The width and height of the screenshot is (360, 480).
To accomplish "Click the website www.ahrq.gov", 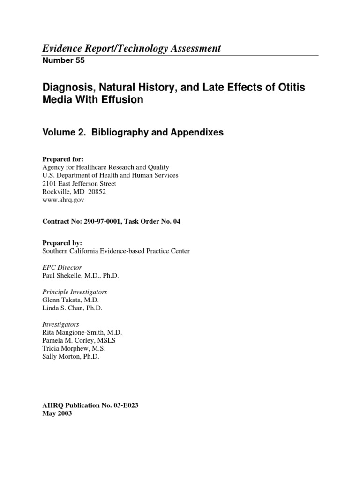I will click(x=63, y=199).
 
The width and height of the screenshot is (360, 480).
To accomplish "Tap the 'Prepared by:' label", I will click(x=62, y=243).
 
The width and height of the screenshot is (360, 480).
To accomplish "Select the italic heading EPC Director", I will click(x=62, y=267).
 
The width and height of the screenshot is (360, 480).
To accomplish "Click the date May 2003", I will click(x=57, y=414).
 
